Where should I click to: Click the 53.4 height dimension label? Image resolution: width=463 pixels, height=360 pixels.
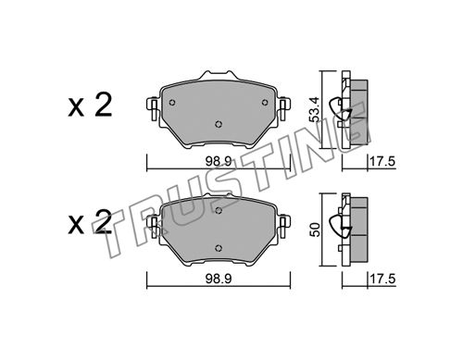click(x=314, y=109)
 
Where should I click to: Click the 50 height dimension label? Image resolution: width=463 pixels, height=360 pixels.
click(x=314, y=230)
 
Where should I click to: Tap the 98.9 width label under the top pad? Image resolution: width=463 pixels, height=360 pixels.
click(x=219, y=162)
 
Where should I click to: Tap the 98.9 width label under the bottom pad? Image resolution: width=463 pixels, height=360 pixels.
click(x=219, y=279)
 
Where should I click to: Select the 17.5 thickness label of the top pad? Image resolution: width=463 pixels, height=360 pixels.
click(x=382, y=161)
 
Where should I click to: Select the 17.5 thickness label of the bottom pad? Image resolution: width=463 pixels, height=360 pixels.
click(x=382, y=279)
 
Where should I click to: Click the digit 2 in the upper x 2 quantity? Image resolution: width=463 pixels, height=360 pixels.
click(x=103, y=106)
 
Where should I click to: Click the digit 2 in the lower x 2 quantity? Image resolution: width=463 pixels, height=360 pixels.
click(x=103, y=223)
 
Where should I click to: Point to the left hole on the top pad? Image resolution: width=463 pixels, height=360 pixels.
click(x=172, y=103)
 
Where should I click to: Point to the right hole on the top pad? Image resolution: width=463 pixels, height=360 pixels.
click(x=265, y=103)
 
